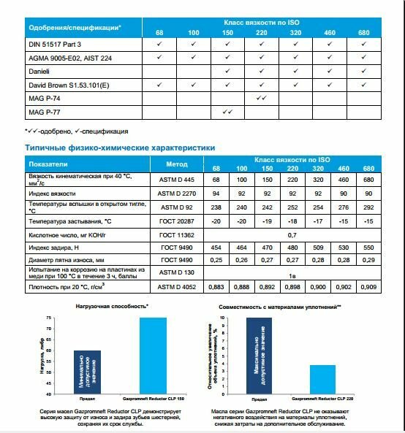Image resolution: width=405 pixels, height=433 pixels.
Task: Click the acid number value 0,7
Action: click(x=292, y=235)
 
